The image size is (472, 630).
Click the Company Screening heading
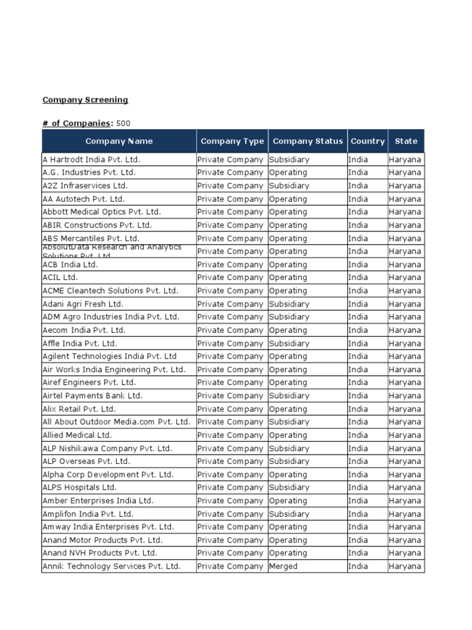coord(85,100)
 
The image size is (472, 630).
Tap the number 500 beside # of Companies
coord(123,123)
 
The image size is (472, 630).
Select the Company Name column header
coord(119,142)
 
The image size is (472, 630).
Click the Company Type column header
coord(232,142)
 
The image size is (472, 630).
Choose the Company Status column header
coord(307,142)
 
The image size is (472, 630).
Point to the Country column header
coord(368,142)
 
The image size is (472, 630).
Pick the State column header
coord(406,142)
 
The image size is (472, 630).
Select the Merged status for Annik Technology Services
coord(283,566)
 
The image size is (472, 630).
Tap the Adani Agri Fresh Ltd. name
coord(82,304)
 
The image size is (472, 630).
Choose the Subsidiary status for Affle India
coord(289,343)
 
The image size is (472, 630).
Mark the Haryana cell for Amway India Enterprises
coord(405,527)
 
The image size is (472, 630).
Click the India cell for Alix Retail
coord(358,409)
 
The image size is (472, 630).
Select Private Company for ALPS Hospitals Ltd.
coord(230,487)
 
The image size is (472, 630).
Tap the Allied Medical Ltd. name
coord(77,435)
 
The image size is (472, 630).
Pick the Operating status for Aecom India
coord(288,330)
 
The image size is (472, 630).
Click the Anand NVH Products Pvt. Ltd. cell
coord(100,553)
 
